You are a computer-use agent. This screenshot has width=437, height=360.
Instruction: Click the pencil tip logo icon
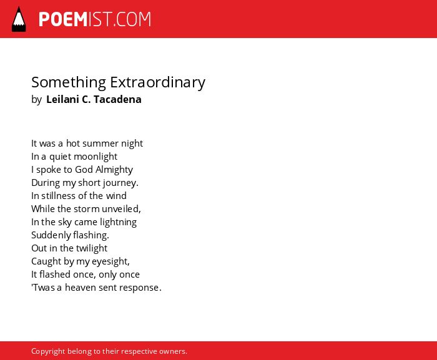click(19, 19)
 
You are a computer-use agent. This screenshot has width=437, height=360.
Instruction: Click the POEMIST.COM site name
click(95, 19)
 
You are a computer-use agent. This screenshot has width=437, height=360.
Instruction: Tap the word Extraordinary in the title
click(157, 82)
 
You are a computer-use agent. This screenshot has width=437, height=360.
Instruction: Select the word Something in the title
click(69, 82)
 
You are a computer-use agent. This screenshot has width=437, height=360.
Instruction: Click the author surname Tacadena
click(117, 99)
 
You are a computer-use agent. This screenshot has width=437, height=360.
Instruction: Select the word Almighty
click(114, 170)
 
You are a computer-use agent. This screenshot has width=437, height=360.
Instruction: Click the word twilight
click(91, 248)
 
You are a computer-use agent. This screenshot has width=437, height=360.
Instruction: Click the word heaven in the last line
click(81, 288)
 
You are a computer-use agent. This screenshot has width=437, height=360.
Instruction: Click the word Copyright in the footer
click(48, 351)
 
